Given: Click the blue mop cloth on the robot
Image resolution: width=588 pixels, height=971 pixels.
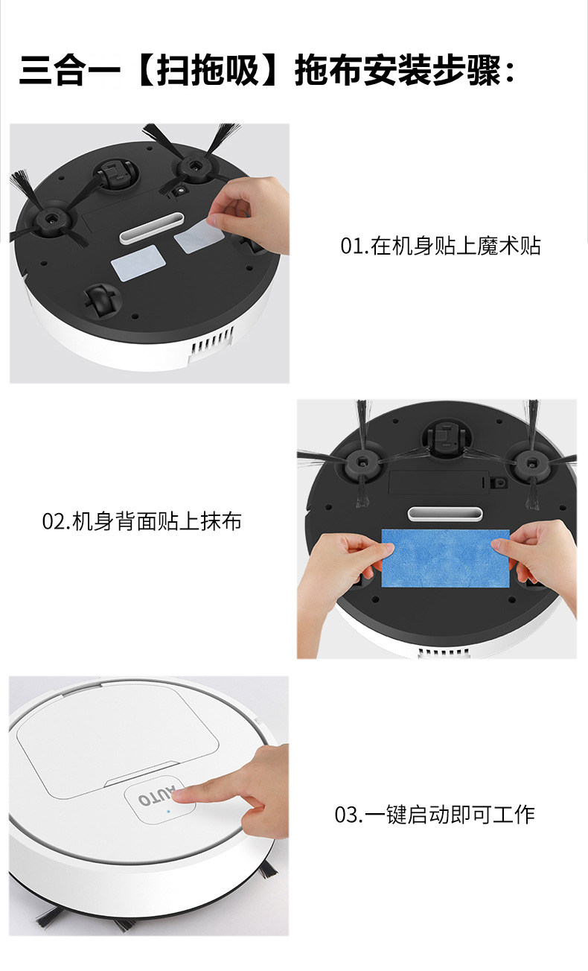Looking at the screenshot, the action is pyautogui.click(x=445, y=558).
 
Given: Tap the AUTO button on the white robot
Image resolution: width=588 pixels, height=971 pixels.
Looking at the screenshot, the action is pyautogui.click(x=159, y=799).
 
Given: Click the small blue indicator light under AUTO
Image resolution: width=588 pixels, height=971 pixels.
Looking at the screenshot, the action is pyautogui.click(x=168, y=811).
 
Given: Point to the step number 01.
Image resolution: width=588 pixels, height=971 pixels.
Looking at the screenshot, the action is pyautogui.click(x=353, y=246).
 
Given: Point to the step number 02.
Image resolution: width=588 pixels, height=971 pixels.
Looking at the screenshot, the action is pyautogui.click(x=55, y=521).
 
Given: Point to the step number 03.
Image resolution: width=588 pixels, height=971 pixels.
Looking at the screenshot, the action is pyautogui.click(x=348, y=815).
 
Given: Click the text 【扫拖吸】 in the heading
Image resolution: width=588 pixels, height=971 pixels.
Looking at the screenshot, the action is pyautogui.click(x=208, y=69).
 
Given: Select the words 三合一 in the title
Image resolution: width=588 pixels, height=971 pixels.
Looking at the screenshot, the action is pyautogui.click(x=69, y=69).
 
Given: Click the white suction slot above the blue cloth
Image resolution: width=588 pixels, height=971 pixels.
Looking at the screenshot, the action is pyautogui.click(x=445, y=514).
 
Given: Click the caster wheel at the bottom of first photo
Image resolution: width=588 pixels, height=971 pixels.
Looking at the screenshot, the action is pyautogui.click(x=101, y=299).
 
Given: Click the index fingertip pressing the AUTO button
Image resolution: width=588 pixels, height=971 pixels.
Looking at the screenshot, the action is pyautogui.click(x=181, y=793).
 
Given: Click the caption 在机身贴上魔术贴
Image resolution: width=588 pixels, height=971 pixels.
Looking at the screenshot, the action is pyautogui.click(x=456, y=246).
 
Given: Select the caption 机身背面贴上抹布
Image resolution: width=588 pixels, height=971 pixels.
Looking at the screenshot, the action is pyautogui.click(x=157, y=521).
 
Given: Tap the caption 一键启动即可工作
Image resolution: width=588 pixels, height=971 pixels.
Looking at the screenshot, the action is pyautogui.click(x=450, y=815).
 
